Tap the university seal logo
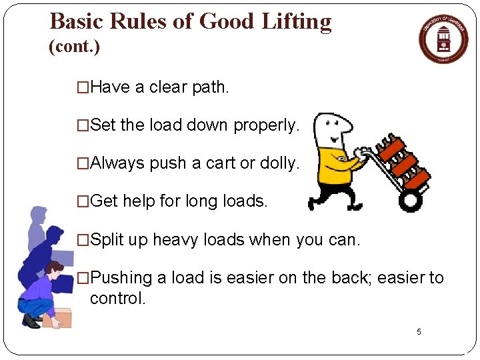coord(443,39)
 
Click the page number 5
coord(419,332)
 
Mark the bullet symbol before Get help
coord(83,201)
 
